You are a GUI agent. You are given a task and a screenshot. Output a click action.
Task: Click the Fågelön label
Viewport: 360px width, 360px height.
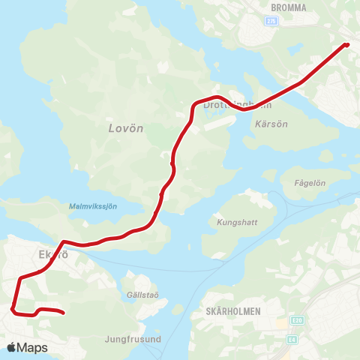[310, 182]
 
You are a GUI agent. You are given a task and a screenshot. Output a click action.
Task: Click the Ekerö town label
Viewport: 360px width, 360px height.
[53, 255]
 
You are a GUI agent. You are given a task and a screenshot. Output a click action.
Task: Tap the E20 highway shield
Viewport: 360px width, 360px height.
[298, 320]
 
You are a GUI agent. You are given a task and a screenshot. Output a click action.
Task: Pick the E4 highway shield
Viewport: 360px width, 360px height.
[291, 340]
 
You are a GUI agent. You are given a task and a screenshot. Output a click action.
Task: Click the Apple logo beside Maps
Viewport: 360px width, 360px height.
[11, 347]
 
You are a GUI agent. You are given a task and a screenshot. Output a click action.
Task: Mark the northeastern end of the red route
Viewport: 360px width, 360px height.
[346, 44]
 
